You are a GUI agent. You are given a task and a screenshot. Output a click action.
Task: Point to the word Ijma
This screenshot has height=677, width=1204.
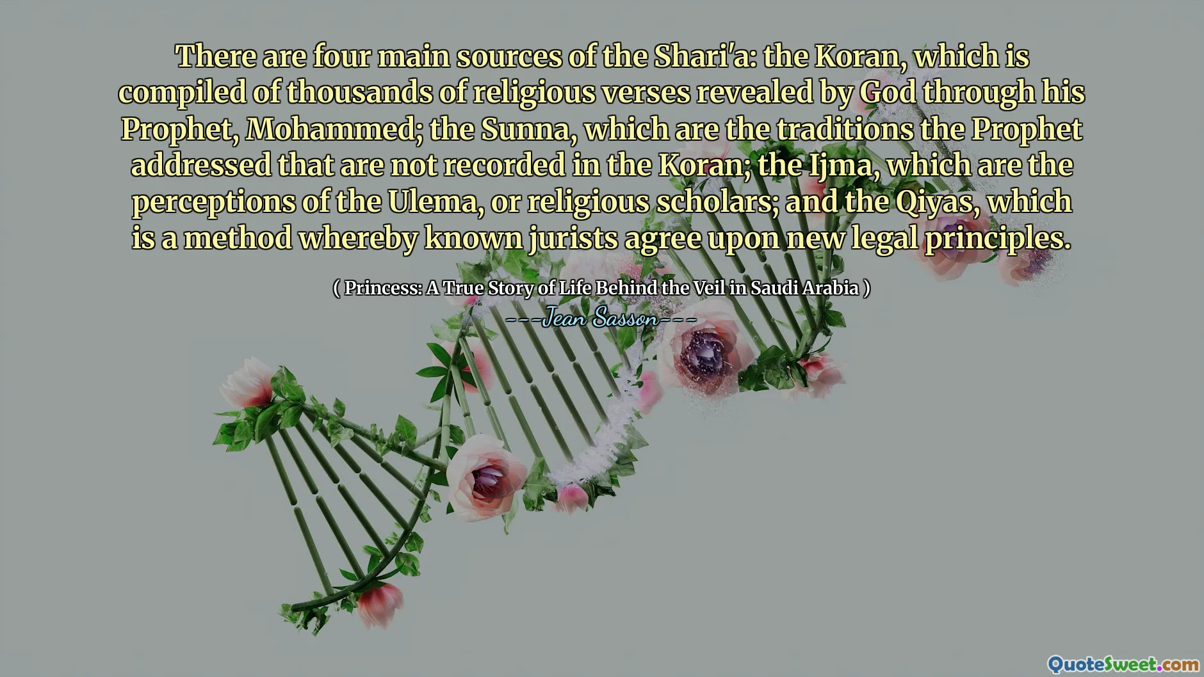pos(836,165)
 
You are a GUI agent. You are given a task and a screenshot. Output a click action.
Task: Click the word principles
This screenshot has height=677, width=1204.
pos(997,238)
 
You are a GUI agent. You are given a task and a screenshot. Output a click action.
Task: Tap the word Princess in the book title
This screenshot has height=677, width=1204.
pos(382,288)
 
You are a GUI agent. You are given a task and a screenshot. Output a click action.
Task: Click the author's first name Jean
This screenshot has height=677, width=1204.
pos(564,317)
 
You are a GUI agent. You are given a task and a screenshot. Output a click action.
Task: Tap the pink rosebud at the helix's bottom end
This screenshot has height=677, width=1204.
pos(379,603)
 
